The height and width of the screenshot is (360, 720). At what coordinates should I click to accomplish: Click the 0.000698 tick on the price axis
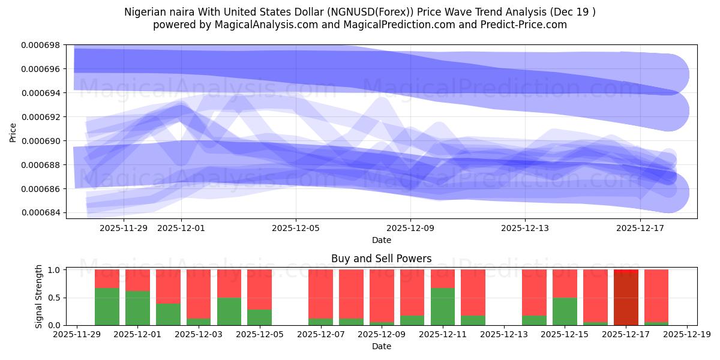[41, 45]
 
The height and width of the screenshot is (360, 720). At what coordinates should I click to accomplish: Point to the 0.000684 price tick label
[41, 213]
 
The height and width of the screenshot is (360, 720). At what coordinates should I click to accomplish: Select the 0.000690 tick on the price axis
[41, 141]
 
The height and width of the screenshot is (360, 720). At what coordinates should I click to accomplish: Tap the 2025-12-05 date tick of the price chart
[295, 228]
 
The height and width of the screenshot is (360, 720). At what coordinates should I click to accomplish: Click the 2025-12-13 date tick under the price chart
[525, 228]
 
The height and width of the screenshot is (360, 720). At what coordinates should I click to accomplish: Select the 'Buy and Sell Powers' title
[381, 259]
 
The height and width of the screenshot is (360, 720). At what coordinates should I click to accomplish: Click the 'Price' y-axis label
[13, 132]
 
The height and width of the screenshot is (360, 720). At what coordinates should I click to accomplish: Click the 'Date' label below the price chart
[381, 240]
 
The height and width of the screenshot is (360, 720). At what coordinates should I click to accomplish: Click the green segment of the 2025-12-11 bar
[443, 307]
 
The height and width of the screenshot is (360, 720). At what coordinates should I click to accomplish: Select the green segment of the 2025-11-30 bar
[107, 307]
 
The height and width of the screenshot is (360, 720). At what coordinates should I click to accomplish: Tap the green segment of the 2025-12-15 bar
[565, 311]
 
